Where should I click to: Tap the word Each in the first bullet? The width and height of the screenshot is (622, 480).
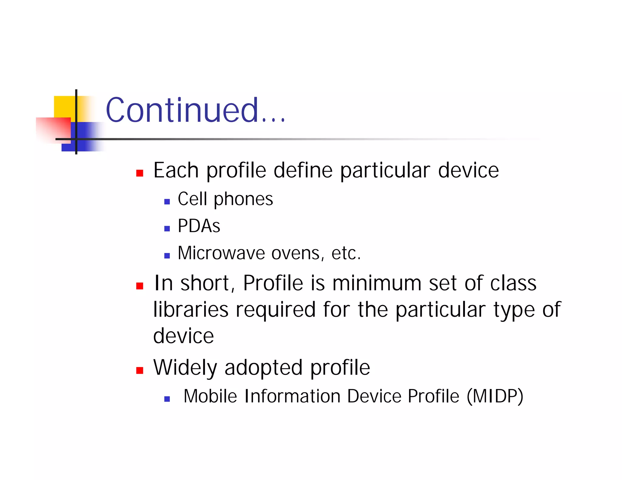[x=176, y=170]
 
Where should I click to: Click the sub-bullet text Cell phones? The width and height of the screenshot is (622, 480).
[x=225, y=199]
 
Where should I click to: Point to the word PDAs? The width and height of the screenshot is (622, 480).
[x=199, y=226]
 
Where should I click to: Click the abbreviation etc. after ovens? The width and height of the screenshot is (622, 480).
[x=346, y=253]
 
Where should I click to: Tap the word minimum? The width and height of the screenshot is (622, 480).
[x=377, y=283]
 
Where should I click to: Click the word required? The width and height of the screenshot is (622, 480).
[x=275, y=310]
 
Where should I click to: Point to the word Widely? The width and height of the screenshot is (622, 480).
[x=185, y=368]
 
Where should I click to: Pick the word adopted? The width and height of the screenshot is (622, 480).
[x=263, y=368]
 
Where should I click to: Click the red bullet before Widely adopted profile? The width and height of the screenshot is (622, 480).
[x=140, y=370]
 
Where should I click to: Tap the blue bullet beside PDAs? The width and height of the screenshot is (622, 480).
[x=167, y=229]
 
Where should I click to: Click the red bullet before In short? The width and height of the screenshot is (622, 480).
[x=140, y=286]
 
